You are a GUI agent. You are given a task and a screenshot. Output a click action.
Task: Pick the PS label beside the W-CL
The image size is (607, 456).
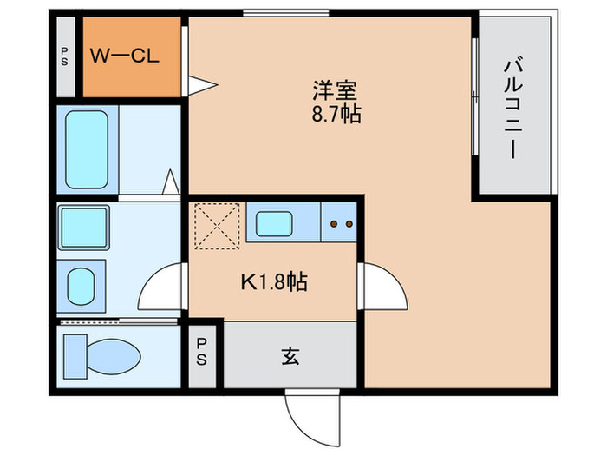64,58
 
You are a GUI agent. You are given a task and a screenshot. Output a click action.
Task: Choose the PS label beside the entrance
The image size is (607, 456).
201,352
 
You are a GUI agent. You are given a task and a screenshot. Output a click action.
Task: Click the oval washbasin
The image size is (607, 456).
82,285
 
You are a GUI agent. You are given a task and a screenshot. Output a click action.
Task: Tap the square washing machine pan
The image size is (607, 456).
82,228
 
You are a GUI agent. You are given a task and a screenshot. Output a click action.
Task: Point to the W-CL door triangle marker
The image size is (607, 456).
202,84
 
